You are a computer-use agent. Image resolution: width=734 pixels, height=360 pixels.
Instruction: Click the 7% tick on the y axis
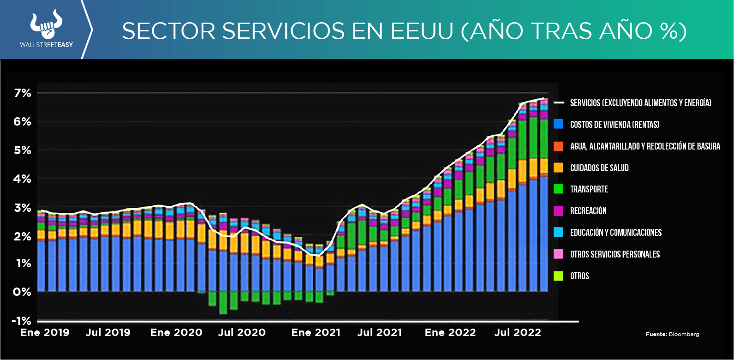click(x=23, y=93)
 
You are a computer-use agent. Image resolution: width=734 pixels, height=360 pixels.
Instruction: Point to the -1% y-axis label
click(x=22, y=321)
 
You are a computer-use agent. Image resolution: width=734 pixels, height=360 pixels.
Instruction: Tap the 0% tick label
click(x=22, y=292)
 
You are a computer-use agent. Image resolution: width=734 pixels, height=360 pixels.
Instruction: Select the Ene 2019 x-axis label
click(x=45, y=332)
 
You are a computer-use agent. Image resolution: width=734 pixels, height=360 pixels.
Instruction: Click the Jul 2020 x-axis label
click(x=242, y=332)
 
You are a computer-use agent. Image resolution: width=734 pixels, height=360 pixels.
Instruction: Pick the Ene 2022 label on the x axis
click(x=450, y=332)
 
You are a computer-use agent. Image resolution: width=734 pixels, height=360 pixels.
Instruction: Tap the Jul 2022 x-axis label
click(x=518, y=332)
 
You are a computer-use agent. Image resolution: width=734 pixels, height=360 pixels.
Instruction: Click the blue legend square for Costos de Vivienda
click(x=558, y=124)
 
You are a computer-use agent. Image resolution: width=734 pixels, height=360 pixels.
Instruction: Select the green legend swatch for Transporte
click(x=558, y=189)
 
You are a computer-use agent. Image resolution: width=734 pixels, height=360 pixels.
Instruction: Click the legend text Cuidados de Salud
click(x=599, y=168)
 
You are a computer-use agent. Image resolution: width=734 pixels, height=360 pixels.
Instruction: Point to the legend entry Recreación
click(x=588, y=211)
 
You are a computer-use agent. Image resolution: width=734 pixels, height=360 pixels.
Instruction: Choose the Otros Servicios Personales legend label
click(x=615, y=254)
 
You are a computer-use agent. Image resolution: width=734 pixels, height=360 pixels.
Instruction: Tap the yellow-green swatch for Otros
click(x=558, y=276)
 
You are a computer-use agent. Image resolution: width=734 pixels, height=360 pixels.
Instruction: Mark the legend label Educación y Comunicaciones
click(x=616, y=233)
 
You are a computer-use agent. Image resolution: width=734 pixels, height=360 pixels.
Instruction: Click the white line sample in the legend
click(x=559, y=102)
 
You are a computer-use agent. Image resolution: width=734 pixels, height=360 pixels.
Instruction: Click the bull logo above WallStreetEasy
click(x=46, y=25)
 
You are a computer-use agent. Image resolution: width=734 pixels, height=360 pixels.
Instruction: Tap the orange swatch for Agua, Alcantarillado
click(x=558, y=146)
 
